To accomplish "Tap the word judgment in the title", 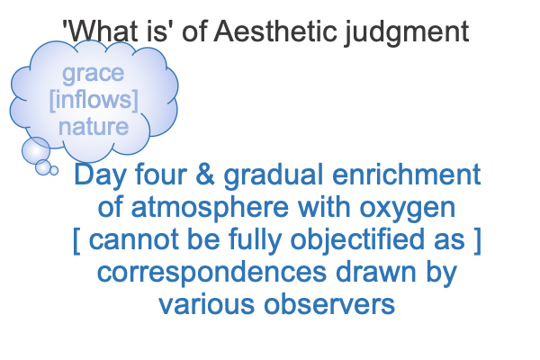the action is (x=407, y=32).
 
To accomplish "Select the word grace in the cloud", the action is (x=94, y=74).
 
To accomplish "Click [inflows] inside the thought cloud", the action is (x=94, y=100).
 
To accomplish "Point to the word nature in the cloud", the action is (x=94, y=127).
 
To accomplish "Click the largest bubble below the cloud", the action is (x=36, y=150).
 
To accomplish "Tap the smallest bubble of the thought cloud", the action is (x=54, y=170).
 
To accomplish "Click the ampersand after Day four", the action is (x=205, y=175).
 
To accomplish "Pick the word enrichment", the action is (x=407, y=175).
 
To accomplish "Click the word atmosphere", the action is (x=210, y=209).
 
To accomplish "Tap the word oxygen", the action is (x=408, y=210).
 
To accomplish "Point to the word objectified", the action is (x=357, y=240).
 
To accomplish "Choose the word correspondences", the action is (x=211, y=273).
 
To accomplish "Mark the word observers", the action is (x=329, y=304).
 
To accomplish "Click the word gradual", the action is (x=274, y=176).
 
